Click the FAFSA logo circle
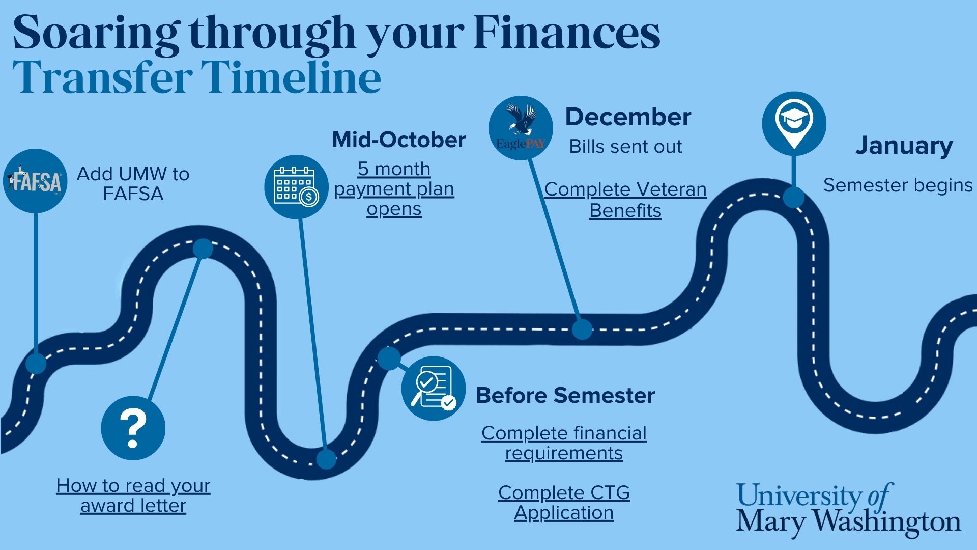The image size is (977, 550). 35,181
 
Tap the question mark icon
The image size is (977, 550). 133,428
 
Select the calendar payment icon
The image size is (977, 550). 296,187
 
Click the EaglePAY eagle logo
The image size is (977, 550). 521,128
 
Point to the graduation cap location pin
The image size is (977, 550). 794,124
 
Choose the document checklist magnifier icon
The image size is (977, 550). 433,388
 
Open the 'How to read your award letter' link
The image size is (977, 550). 133,496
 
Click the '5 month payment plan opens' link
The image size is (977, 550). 394,188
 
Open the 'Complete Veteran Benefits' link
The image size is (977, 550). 625,200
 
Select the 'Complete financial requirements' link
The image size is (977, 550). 564,443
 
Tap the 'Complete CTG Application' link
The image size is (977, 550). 564,503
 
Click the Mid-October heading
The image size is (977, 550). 399,140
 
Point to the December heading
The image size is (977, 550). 628,117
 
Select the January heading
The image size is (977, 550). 904,146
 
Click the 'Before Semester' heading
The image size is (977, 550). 565,395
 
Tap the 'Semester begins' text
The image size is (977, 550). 898,185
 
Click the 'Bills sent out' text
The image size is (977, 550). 625,147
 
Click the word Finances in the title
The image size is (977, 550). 566,33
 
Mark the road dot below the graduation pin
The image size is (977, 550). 793,197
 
